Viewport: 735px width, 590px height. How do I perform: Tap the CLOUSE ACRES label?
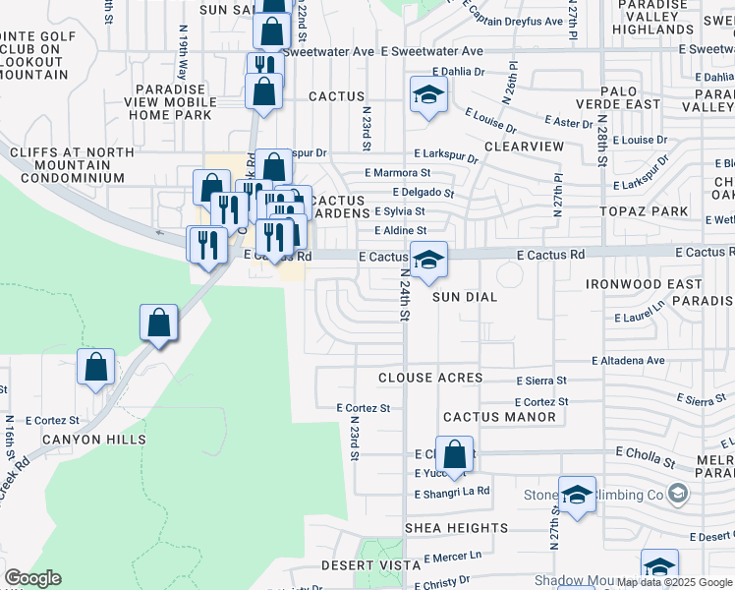pos(430,378)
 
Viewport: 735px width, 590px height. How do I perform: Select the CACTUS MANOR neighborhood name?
pos(499,417)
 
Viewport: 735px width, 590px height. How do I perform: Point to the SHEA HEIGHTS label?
pos(456,528)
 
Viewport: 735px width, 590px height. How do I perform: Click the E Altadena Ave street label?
pos(628,361)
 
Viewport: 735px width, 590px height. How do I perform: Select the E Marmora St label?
pos(397,172)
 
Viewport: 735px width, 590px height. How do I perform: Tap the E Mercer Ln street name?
pos(453,556)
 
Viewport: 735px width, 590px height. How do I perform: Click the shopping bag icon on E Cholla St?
pos(454,455)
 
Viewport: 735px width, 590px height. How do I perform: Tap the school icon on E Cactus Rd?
pos(428,261)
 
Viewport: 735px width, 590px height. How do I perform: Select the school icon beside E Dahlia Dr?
pos(428,95)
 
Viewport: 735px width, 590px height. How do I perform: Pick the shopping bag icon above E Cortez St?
pos(96,368)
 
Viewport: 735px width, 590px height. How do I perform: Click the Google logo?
pos(32,578)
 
